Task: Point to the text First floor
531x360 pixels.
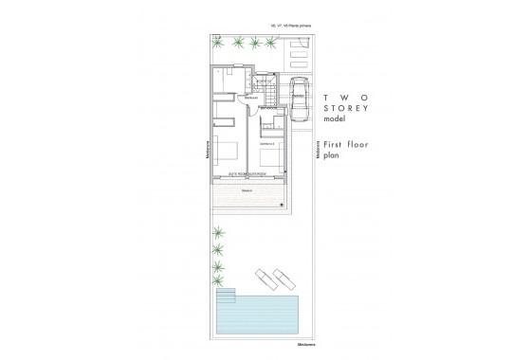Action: click(343, 144)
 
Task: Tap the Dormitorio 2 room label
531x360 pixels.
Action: click(267, 143)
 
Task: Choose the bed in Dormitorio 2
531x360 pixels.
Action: click(270, 156)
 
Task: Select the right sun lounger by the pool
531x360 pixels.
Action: click(283, 279)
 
